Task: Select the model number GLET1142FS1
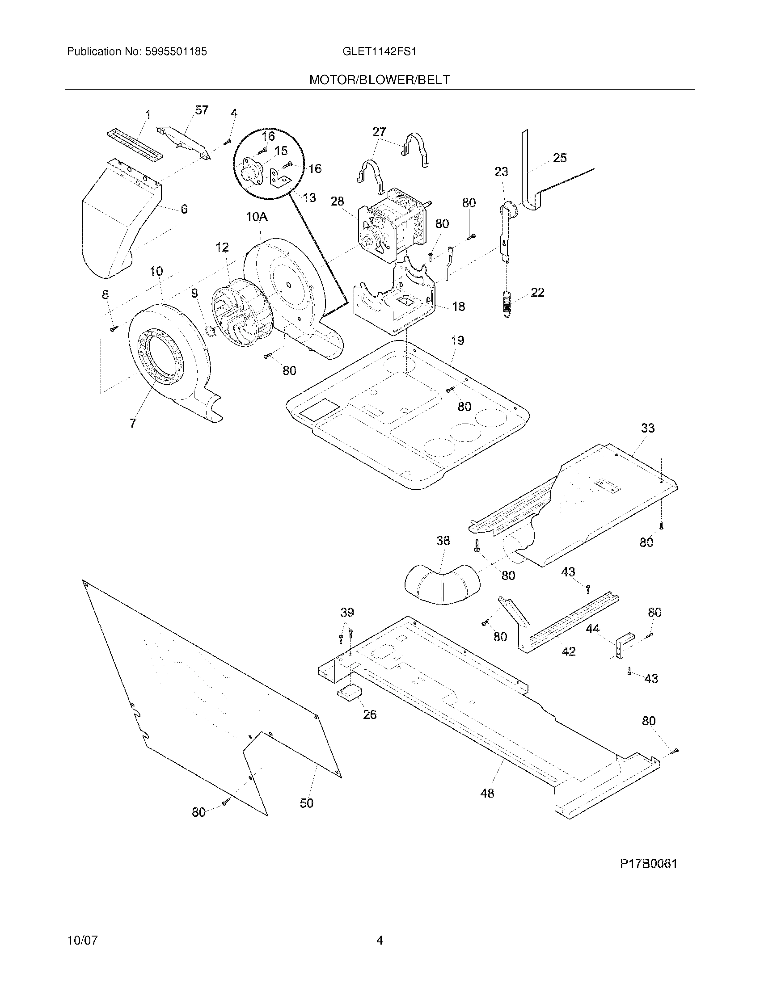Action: pyautogui.click(x=379, y=52)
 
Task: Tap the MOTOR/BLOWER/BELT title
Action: pyautogui.click(x=380, y=80)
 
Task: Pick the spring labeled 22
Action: pyautogui.click(x=507, y=304)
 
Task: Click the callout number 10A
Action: pyautogui.click(x=257, y=217)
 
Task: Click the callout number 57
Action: pyautogui.click(x=201, y=110)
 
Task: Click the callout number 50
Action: pyautogui.click(x=307, y=803)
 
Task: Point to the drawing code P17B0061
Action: pyautogui.click(x=648, y=863)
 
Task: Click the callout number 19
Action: pyautogui.click(x=457, y=340)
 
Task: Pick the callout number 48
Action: pyautogui.click(x=487, y=793)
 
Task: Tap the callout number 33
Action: pyautogui.click(x=647, y=428)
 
